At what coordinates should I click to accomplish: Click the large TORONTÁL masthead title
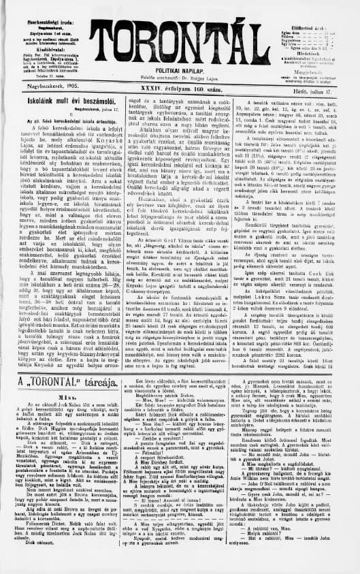[179, 42]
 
